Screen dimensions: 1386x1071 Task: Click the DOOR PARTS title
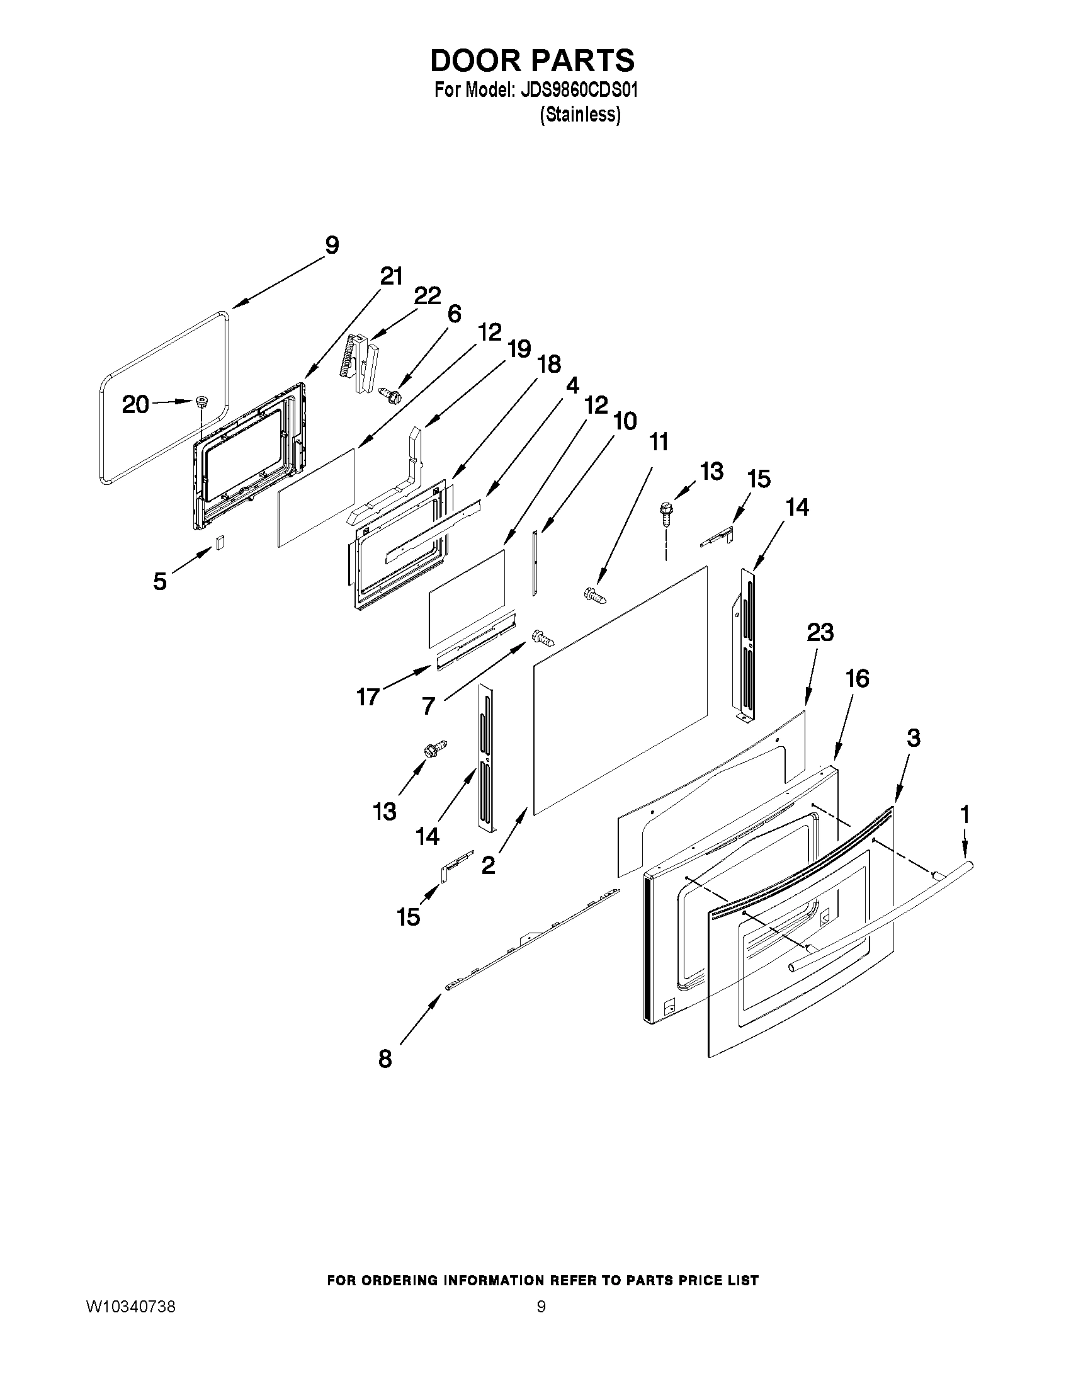[531, 60]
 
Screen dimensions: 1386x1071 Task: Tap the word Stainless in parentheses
[580, 115]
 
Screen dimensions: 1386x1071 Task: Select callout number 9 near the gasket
[332, 246]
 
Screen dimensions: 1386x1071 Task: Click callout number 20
[136, 404]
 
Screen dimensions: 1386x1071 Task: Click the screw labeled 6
[388, 395]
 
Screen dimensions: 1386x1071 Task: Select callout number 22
[428, 296]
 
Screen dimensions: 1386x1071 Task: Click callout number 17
[368, 697]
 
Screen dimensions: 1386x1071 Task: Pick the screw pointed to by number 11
[594, 594]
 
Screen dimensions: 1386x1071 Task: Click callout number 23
[820, 632]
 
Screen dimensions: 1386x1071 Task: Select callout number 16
[857, 679]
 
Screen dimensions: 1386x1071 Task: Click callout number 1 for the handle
[965, 814]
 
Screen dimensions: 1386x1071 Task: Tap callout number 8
[385, 1059]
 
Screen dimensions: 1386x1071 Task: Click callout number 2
[488, 865]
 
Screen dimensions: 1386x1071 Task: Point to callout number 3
[913, 738]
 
